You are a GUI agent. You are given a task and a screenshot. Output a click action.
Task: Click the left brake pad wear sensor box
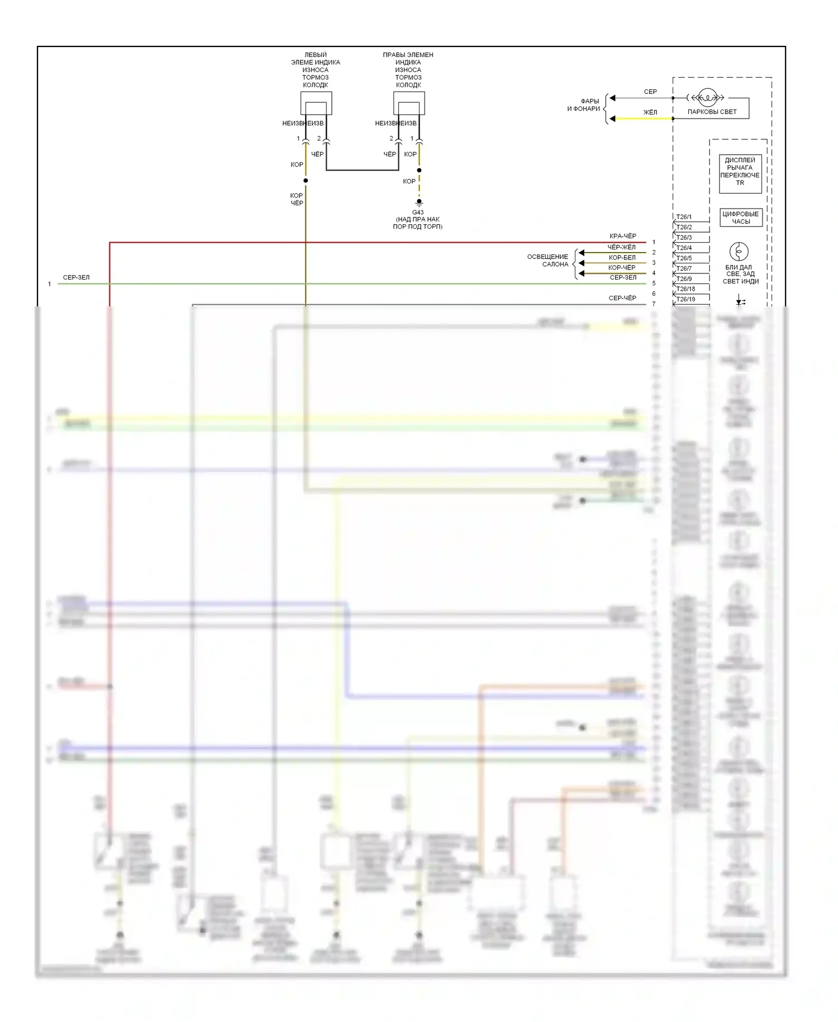[x=316, y=103]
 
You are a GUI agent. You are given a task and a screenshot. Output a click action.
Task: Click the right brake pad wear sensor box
[x=408, y=103]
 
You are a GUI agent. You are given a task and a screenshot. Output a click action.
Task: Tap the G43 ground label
[x=418, y=212]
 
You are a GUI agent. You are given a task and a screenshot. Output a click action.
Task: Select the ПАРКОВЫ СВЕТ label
[x=712, y=112]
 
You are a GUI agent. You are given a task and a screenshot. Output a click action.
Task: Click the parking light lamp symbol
[x=707, y=98]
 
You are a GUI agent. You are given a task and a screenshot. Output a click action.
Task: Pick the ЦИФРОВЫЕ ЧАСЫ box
[x=740, y=217]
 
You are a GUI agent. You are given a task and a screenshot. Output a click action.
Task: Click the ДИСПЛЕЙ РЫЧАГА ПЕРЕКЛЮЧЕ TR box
[x=740, y=172]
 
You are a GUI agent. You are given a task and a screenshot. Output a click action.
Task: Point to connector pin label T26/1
[x=684, y=217]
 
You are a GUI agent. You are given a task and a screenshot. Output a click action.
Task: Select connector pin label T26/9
[x=684, y=279]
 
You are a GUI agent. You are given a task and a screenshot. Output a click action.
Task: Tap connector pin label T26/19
[x=685, y=300]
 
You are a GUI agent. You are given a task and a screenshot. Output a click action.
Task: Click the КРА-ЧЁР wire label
[x=622, y=236]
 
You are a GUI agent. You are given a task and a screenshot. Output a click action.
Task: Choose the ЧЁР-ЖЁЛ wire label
[x=621, y=247]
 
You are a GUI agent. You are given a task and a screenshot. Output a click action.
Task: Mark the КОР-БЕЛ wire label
[x=622, y=258]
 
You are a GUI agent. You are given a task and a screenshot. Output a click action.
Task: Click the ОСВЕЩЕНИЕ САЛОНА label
[x=547, y=261]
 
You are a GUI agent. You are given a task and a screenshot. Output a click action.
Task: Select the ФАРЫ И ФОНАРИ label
[x=583, y=105]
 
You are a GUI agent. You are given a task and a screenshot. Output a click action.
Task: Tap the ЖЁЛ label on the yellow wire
[x=650, y=112]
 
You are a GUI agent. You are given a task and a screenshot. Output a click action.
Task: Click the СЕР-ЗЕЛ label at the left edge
[x=76, y=278]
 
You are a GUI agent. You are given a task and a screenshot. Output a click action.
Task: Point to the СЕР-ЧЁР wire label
[x=622, y=299]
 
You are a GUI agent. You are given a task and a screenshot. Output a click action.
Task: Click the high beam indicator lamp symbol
[x=739, y=252]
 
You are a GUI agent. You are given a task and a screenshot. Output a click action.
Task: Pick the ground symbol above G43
[x=419, y=202]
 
